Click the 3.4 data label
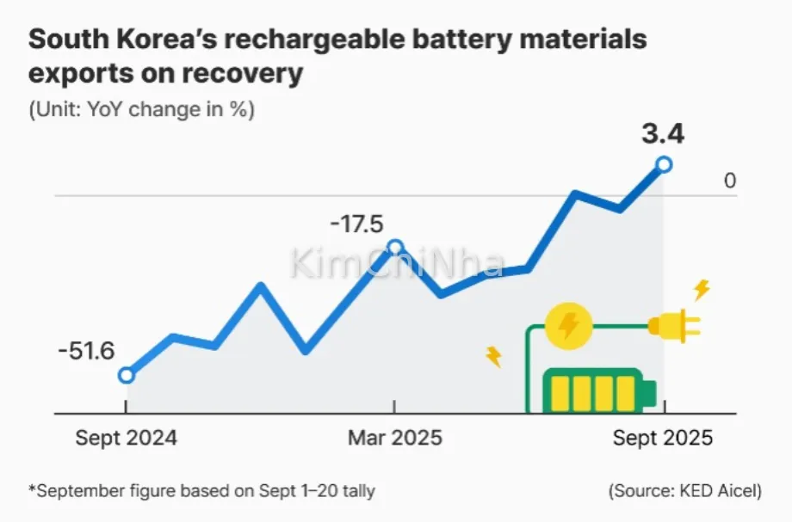click(662, 134)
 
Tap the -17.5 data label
click(356, 224)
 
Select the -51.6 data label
click(86, 352)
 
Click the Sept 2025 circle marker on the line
click(664, 163)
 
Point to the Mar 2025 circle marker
click(395, 248)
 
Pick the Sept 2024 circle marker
click(127, 375)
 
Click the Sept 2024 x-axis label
click(126, 438)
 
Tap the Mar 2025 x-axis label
click(395, 438)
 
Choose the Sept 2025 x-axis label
click(663, 438)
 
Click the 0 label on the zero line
click(730, 181)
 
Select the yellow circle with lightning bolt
click(568, 325)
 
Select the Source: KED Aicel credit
click(685, 491)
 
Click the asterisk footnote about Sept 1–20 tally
click(202, 491)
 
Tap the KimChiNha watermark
click(396, 263)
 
